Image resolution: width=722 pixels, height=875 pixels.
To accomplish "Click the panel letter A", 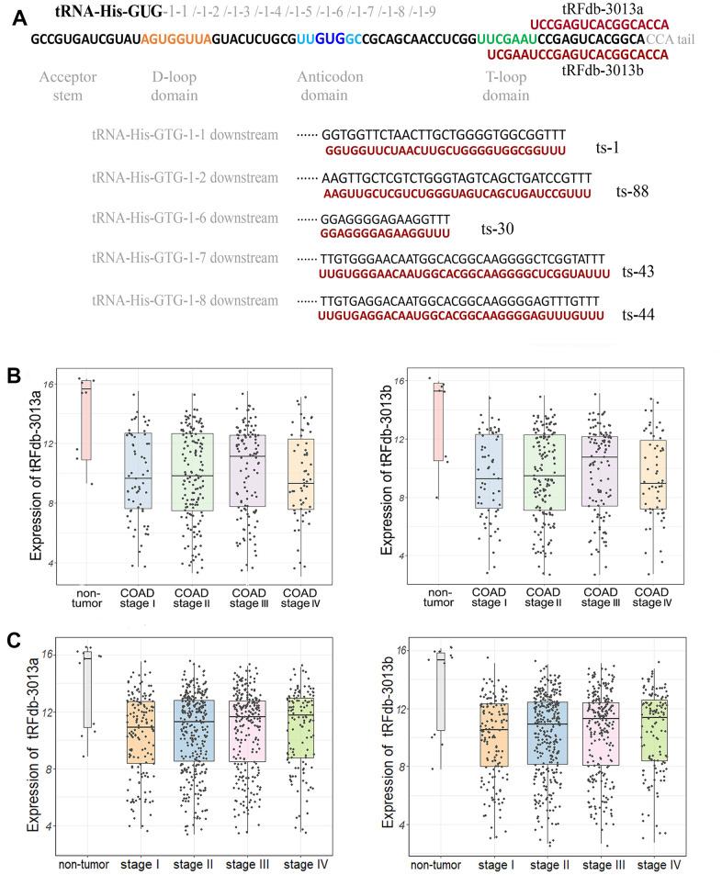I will click(x=14, y=17).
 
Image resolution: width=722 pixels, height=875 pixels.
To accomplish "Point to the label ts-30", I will click(x=497, y=229).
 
